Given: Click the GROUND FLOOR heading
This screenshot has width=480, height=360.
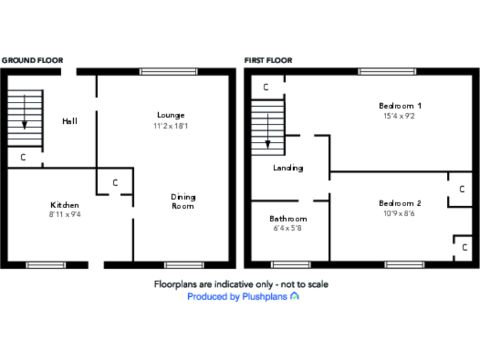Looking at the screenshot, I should click(x=32, y=61).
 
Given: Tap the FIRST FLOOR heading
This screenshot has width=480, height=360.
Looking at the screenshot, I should click(x=268, y=61).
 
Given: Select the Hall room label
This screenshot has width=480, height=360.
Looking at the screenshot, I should click(x=69, y=121).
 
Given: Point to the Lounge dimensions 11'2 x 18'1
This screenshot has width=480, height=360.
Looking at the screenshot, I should click(x=171, y=126).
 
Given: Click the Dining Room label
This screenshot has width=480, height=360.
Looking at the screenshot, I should click(x=182, y=201).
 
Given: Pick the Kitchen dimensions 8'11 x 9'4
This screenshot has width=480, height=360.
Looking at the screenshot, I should click(x=65, y=214).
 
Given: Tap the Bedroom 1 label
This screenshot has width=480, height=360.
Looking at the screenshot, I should click(x=400, y=105).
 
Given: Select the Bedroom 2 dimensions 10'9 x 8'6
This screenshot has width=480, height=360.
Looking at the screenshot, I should click(x=400, y=213).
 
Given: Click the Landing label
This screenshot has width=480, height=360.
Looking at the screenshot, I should click(x=288, y=168).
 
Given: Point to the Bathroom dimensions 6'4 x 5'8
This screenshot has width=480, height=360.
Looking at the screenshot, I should click(x=288, y=228).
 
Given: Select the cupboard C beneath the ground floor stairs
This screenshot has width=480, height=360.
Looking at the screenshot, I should click(x=23, y=157).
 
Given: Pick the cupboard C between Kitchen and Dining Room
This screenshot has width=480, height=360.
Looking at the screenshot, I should click(x=115, y=183).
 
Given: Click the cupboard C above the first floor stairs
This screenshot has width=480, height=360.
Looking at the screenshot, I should click(x=266, y=87).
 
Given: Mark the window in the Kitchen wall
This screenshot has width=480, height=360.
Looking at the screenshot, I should click(x=46, y=265).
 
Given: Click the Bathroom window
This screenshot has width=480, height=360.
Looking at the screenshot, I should click(x=291, y=265).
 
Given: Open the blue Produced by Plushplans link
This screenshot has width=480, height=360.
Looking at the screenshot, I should click(x=237, y=297).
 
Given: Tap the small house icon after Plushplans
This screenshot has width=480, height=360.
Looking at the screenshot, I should click(x=294, y=296).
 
